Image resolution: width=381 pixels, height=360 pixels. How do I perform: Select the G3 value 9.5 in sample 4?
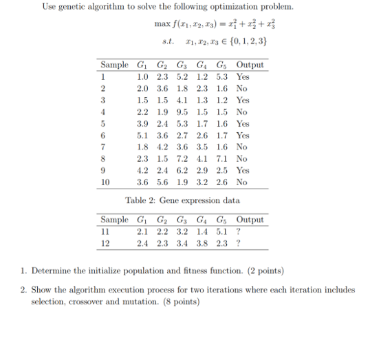[182, 112]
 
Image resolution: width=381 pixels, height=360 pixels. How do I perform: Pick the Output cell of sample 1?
[243, 76]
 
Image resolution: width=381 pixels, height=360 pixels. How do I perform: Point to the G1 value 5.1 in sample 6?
[143, 135]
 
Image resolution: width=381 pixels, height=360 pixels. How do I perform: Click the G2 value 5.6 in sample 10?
[162, 182]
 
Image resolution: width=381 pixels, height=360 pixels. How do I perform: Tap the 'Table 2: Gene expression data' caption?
[182, 200]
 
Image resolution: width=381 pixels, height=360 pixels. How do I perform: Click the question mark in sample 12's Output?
[238, 242]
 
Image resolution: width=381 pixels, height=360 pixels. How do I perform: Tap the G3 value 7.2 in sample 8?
[182, 158]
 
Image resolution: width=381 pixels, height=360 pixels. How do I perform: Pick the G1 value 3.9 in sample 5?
[143, 123]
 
